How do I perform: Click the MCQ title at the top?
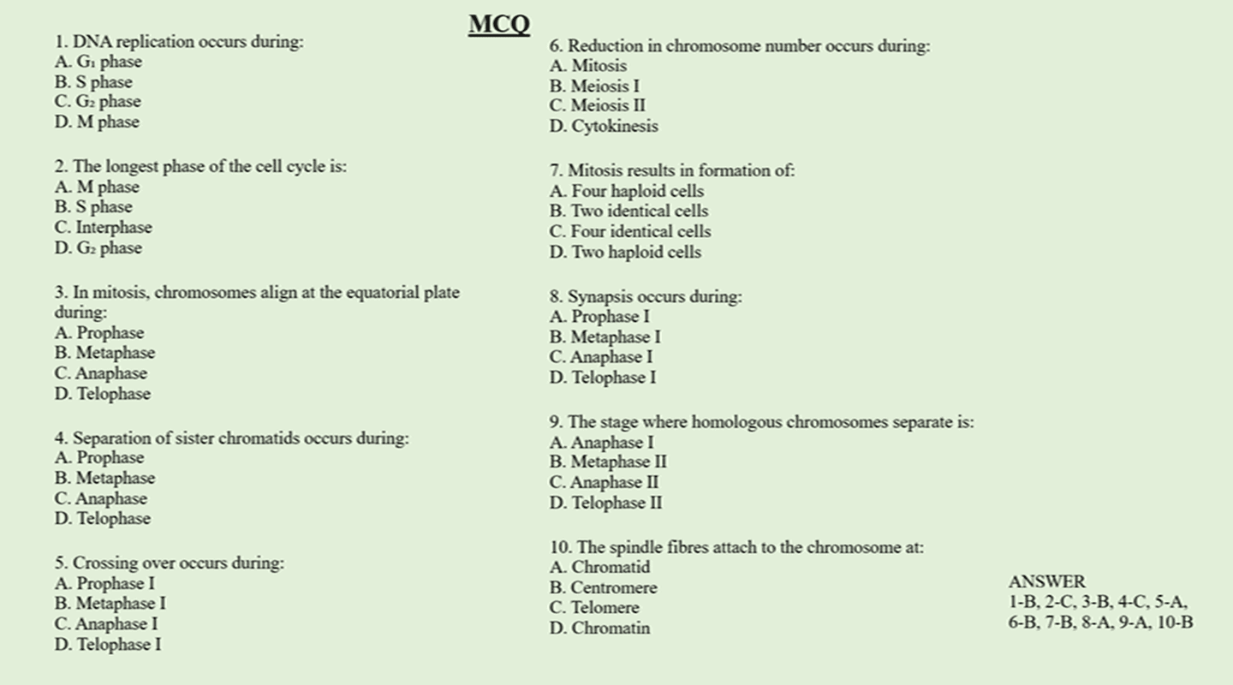pyautogui.click(x=499, y=24)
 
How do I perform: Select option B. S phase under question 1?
pyautogui.click(x=93, y=82)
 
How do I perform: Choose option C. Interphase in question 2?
pyautogui.click(x=103, y=228)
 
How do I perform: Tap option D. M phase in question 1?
pyautogui.click(x=97, y=122)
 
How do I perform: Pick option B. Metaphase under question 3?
pyautogui.click(x=104, y=353)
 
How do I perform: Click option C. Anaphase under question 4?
pyautogui.click(x=100, y=498)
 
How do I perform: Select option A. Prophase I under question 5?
pyautogui.click(x=104, y=583)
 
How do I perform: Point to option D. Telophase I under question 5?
pyautogui.click(x=107, y=645)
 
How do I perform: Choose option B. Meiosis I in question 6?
pyautogui.click(x=594, y=86)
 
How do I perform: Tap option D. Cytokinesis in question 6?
pyautogui.click(x=604, y=127)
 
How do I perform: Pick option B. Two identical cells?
pyautogui.click(x=628, y=211)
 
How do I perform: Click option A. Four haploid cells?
pyautogui.click(x=627, y=191)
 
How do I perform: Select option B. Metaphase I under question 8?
pyautogui.click(x=605, y=337)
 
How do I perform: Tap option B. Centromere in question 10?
pyautogui.click(x=603, y=587)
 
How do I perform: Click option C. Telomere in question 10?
pyautogui.click(x=594, y=608)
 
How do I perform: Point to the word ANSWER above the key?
pyautogui.click(x=1046, y=582)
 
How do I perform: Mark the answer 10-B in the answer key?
pyautogui.click(x=1174, y=622)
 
